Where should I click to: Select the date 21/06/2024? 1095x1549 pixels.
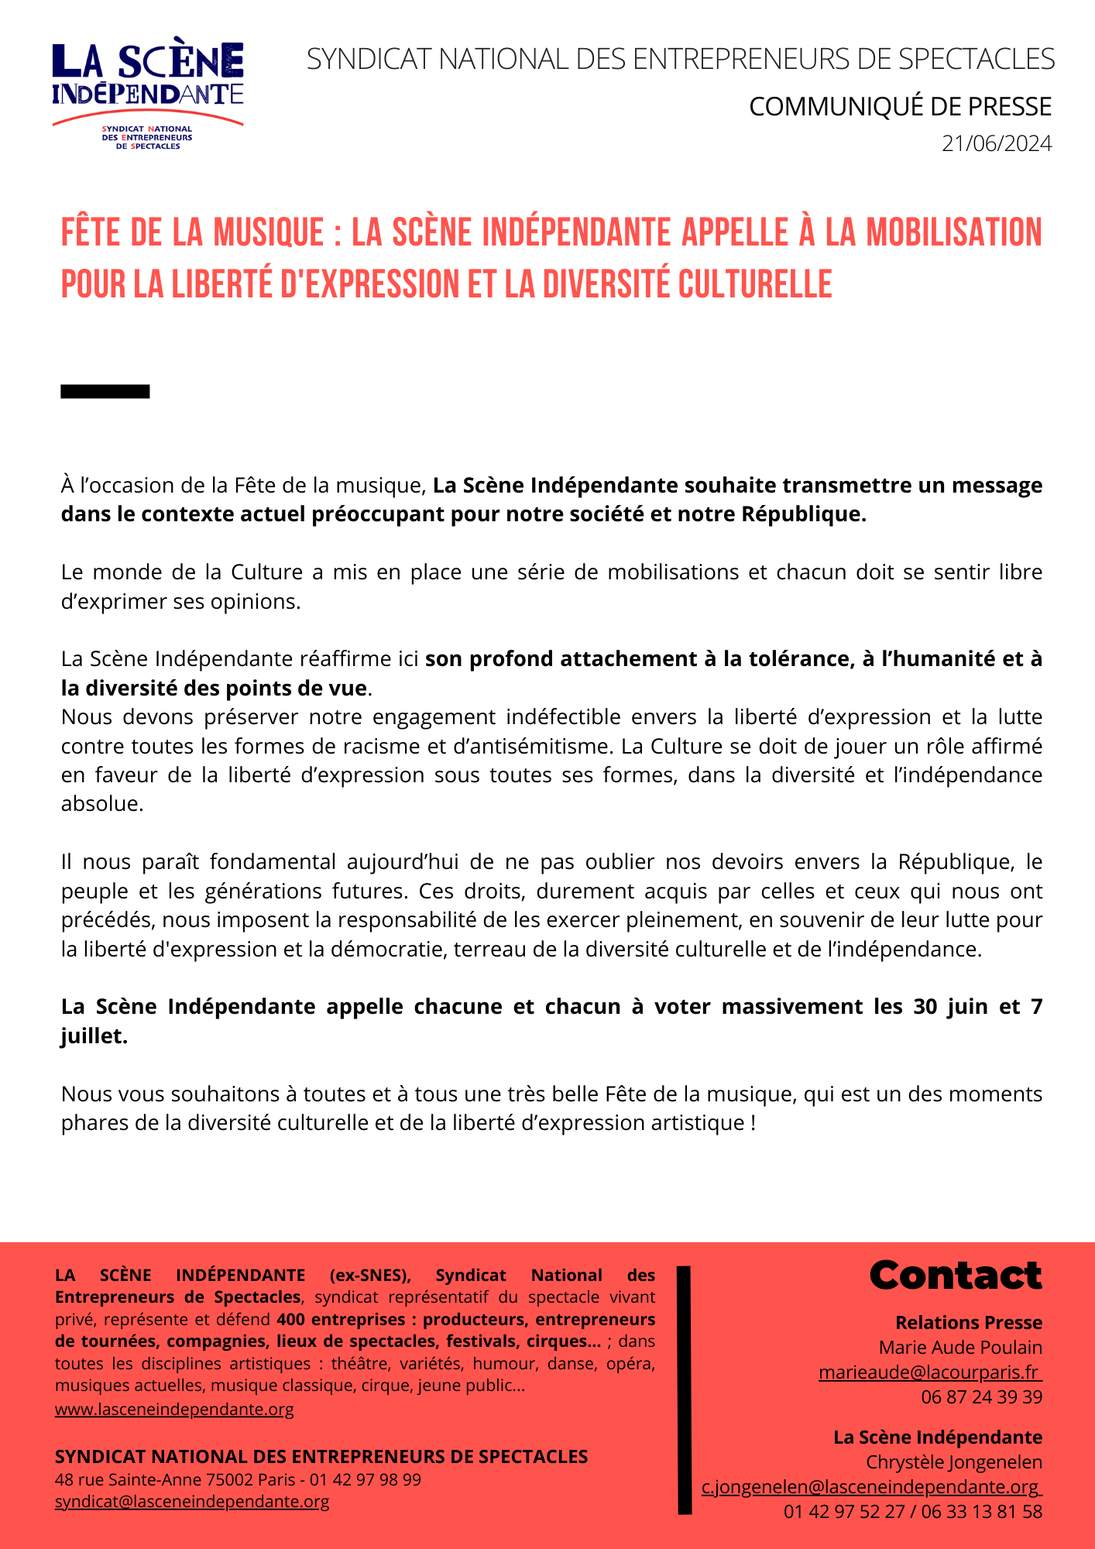997,144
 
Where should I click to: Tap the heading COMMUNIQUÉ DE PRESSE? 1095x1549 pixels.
900,107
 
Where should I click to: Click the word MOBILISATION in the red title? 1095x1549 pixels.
953,233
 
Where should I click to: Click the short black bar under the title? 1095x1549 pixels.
105,392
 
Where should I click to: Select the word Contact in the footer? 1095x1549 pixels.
956,1276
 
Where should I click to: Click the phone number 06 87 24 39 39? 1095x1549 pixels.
981,1396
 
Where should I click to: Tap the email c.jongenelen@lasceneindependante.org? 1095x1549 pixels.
871,1486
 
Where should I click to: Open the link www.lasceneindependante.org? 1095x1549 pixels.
174,1409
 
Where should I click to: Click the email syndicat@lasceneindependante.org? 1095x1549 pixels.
192,1501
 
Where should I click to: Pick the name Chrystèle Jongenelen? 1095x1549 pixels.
953,1461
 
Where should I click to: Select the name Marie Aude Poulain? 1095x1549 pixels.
960,1347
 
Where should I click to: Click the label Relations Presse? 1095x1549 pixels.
969,1322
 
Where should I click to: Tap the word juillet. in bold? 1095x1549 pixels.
94,1036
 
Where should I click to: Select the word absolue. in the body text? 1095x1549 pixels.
102,804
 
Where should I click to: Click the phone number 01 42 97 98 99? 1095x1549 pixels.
366,1479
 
